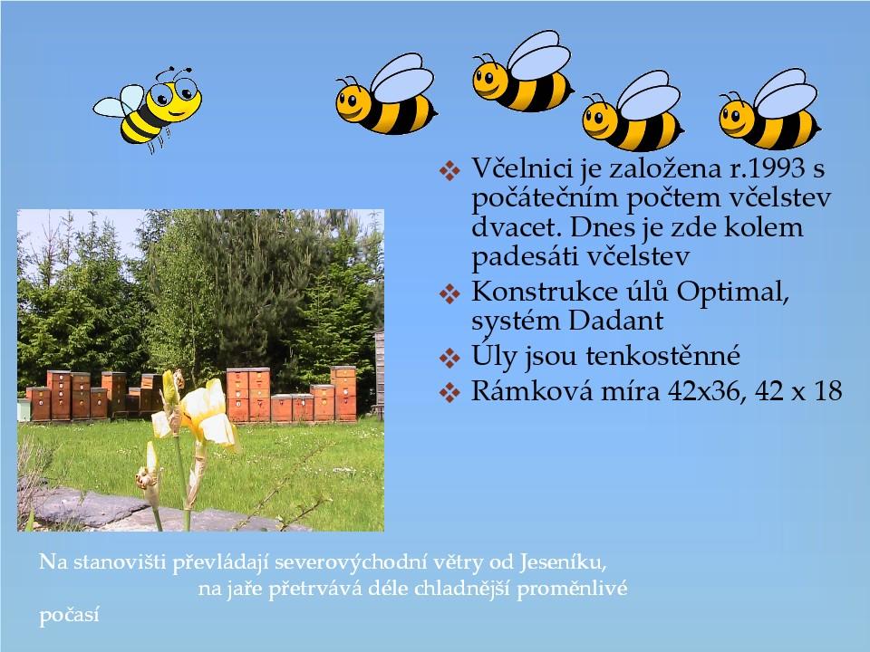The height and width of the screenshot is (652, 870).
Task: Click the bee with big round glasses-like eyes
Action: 149,109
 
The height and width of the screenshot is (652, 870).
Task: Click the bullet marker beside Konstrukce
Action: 449,293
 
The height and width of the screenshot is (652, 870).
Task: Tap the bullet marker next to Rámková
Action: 449,392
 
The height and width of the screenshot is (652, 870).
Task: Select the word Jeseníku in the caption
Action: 563,562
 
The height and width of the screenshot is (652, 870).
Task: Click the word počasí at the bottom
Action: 69,616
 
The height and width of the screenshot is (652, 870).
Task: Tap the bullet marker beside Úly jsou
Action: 449,358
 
